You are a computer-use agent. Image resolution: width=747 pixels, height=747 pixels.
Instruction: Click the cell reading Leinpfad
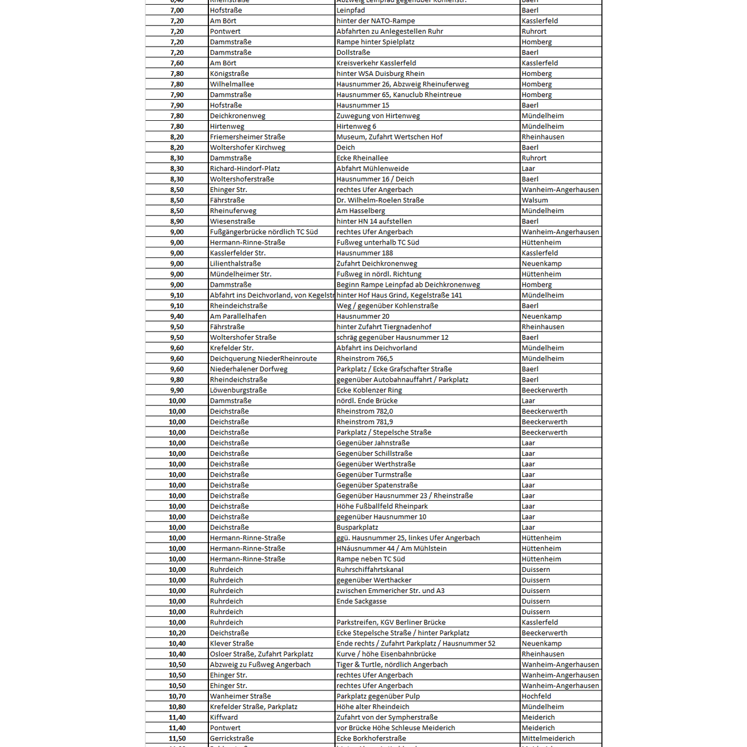351,11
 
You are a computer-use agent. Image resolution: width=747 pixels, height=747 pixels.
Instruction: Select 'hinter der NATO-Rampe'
375,21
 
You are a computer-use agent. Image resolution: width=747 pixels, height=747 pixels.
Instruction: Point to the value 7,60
177,63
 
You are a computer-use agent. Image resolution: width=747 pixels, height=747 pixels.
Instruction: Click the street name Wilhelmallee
232,84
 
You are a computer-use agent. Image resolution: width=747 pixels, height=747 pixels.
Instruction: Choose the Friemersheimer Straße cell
247,137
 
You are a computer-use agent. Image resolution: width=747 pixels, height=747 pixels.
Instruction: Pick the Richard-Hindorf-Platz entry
245,169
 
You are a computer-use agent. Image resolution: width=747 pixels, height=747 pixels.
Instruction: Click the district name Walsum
535,200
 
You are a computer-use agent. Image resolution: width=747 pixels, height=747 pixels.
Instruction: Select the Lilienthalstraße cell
235,264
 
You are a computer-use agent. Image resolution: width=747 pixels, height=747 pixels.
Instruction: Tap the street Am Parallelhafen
238,316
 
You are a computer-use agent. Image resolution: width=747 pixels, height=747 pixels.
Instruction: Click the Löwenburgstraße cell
238,390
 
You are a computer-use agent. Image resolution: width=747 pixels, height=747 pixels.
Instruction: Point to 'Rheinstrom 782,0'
365,411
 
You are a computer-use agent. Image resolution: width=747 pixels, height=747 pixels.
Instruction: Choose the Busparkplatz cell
357,528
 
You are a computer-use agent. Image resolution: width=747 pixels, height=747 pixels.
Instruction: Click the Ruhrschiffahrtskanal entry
369,570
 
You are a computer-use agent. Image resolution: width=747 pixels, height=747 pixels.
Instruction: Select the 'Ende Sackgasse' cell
361,601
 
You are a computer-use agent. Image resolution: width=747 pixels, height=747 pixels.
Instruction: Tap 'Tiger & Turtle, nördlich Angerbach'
392,665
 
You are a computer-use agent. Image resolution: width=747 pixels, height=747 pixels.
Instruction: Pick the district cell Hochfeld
536,696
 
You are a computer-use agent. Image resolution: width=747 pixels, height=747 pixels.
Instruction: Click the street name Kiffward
224,717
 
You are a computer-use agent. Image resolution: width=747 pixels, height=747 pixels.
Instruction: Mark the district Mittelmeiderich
548,738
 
